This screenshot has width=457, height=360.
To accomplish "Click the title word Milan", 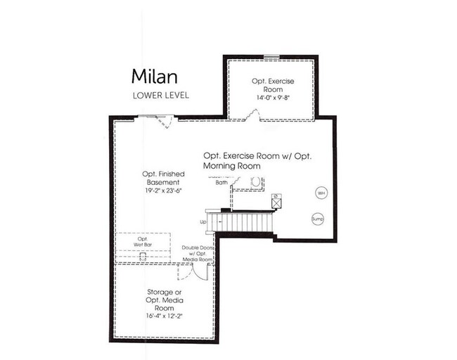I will [153, 77].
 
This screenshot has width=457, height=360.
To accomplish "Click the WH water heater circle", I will [321, 192].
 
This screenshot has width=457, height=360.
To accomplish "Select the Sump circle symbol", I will [317, 219].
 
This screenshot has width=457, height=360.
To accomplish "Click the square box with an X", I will [276, 202].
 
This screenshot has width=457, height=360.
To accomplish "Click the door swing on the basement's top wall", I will [163, 122].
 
